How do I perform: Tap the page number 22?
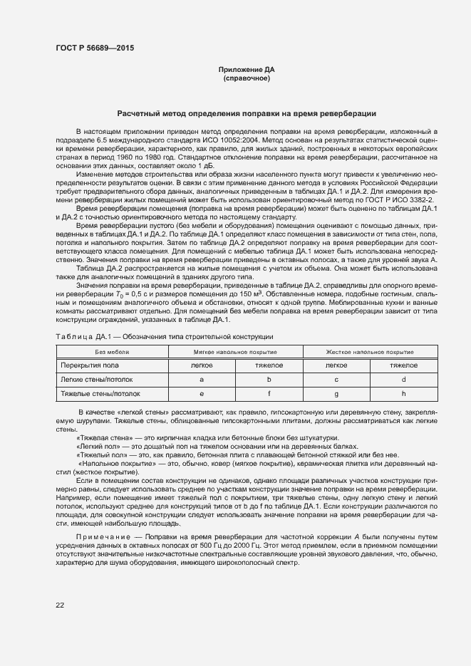60,605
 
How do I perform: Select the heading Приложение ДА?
246,69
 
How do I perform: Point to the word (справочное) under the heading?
246,78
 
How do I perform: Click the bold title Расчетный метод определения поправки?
246,114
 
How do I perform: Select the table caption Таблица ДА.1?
76,336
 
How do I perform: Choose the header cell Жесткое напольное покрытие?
369,352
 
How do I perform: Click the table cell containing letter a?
202,380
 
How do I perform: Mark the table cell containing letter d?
403,380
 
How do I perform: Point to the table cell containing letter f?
269,393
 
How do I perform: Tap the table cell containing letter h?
403,393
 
